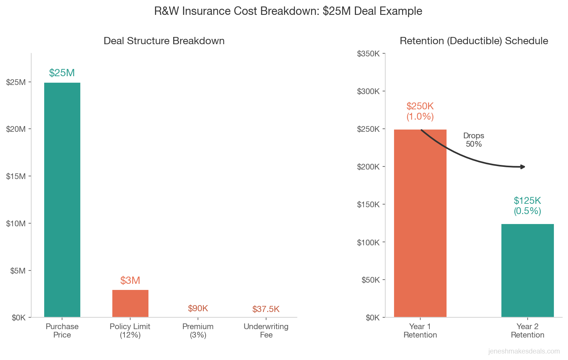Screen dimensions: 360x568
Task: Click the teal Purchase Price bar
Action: (x=62, y=200)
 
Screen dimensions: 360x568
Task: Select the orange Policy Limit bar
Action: (x=130, y=303)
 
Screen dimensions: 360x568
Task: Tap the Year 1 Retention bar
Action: (x=420, y=223)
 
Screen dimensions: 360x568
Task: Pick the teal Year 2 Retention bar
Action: (x=527, y=270)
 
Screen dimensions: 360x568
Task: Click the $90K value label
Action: (x=198, y=308)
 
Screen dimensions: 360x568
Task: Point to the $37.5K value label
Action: (x=266, y=309)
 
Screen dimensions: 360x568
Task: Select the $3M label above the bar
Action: (x=130, y=280)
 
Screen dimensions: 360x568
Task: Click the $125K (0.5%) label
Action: (x=527, y=206)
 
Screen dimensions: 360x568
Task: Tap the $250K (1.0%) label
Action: (x=420, y=111)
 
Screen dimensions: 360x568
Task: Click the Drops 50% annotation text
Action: (x=474, y=140)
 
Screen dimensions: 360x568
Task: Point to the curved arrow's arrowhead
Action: (x=523, y=167)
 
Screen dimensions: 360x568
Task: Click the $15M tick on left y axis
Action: (x=16, y=176)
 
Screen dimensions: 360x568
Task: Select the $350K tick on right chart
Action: (x=368, y=54)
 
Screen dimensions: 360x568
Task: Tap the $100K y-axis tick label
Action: (x=368, y=242)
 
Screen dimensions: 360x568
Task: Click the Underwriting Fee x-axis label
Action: (x=266, y=331)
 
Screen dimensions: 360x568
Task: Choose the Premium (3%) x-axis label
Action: (x=198, y=331)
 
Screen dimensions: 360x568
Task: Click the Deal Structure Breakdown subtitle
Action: (x=164, y=41)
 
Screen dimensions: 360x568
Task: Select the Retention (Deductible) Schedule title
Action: (x=474, y=41)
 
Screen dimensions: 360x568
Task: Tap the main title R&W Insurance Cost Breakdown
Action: (x=288, y=11)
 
